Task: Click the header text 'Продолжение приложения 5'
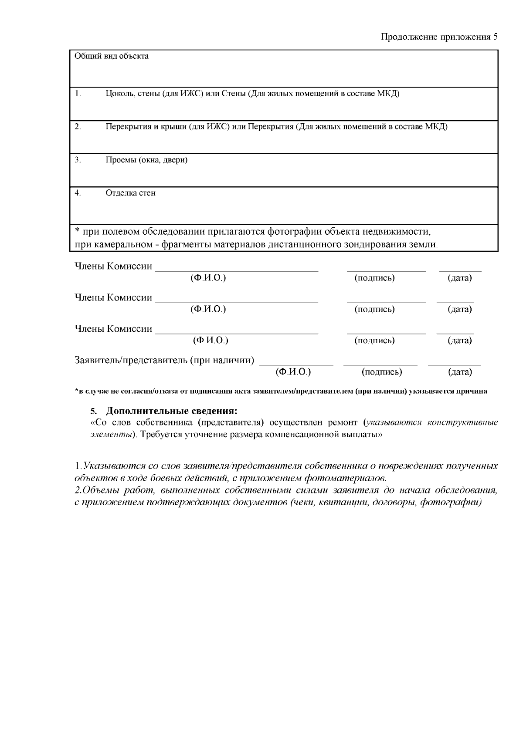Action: tap(439, 37)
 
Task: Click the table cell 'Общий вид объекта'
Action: tap(112, 56)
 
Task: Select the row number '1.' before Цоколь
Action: tap(78, 94)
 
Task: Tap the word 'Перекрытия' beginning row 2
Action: tap(127, 127)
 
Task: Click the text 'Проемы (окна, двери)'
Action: tap(146, 160)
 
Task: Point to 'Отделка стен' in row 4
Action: tap(130, 193)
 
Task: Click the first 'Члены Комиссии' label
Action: tap(113, 266)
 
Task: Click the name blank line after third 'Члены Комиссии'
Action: tap(236, 333)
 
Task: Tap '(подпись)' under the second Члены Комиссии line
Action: tap(374, 309)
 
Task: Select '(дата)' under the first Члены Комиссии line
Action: tap(460, 278)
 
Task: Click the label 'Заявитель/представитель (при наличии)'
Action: tap(164, 360)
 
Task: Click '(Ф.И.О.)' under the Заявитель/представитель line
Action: tap(293, 372)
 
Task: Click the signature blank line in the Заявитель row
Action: tap(380, 364)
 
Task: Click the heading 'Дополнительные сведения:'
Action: tap(172, 411)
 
